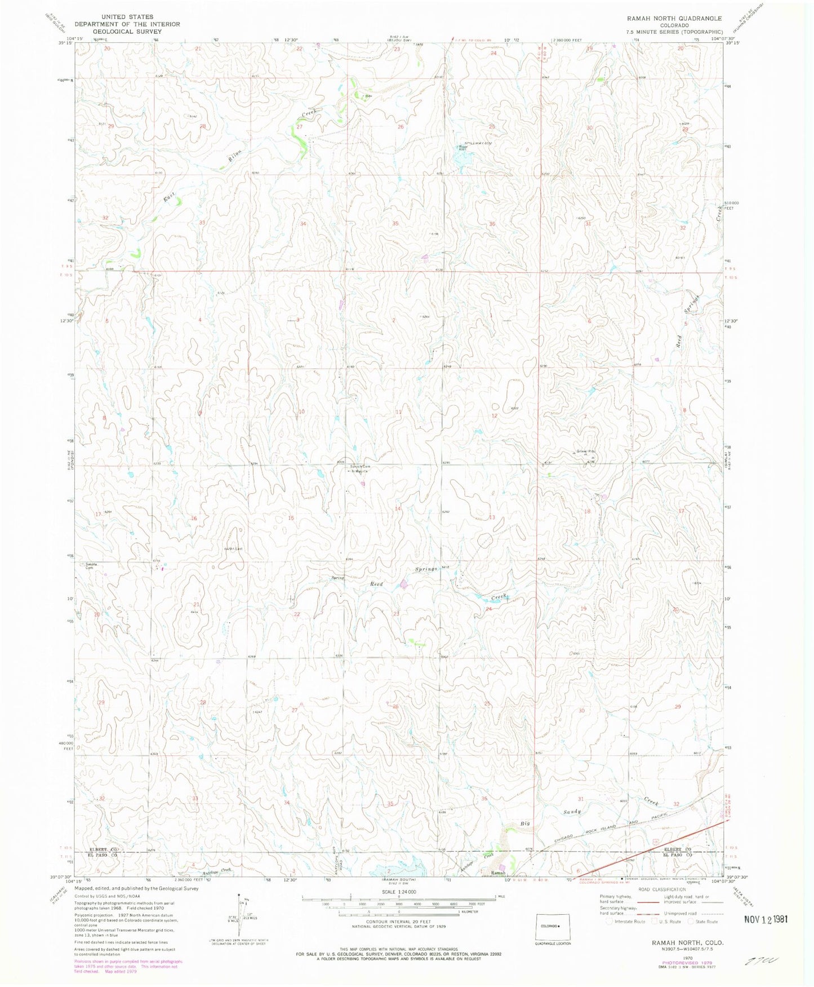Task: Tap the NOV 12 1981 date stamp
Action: tap(762, 919)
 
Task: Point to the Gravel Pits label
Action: tap(585, 452)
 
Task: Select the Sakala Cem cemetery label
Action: tap(91, 565)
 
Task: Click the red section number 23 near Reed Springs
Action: tap(396, 613)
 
